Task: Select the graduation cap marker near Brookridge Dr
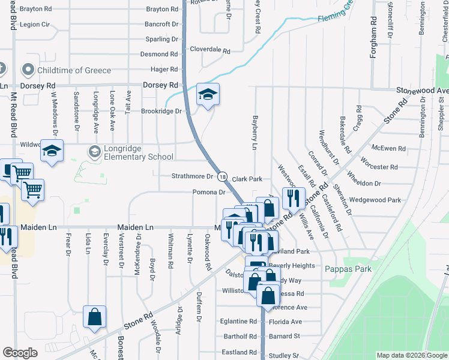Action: pos(208,95)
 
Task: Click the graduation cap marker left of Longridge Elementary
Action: pos(52,152)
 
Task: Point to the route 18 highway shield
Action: pos(222,177)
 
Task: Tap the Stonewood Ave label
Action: pos(421,91)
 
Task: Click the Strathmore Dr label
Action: pos(193,177)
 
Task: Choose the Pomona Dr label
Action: pos(208,193)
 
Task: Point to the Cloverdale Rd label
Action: pos(210,51)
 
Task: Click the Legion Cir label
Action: pos(34,25)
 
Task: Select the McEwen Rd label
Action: pos(389,148)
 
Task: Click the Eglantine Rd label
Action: pos(238,322)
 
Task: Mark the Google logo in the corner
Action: pos(20,353)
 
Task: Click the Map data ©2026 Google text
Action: pos(411,355)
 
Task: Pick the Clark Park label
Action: pos(247,179)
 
